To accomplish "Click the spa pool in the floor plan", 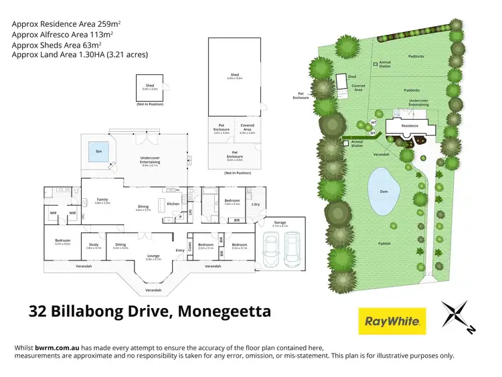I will coord(98,152).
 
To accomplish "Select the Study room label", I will coord(94,245).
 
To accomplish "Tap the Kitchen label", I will coord(173,204).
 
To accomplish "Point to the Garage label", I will coord(280,223).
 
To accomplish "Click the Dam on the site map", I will coord(385,192).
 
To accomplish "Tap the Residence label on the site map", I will coord(409,125).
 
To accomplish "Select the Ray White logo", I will coord(392,321).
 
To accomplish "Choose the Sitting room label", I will coord(120,245).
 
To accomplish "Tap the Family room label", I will coord(102,200).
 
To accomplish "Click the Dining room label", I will coord(143,207).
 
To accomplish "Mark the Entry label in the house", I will coord(180,250).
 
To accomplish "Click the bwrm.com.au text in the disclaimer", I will coord(57,348).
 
